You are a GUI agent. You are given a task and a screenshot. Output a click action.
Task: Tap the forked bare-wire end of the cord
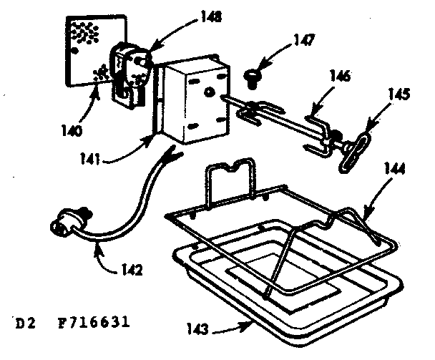point(172,153)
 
